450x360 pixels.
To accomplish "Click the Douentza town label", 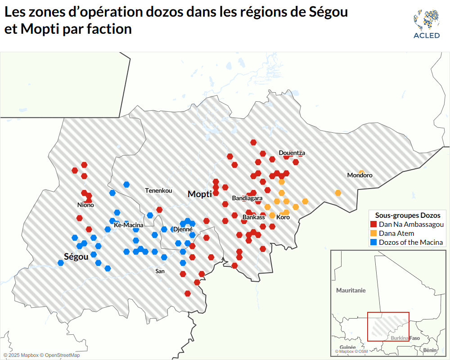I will pos(292,153).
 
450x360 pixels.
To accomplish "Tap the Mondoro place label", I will pos(360,175).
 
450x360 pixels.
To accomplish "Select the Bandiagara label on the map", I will pos(247,198).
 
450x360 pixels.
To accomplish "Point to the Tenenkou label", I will pos(158,191).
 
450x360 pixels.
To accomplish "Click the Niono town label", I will pos(85,205).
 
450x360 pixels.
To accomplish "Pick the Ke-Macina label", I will pos(129,225).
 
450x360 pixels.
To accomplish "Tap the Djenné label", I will pos(183,229).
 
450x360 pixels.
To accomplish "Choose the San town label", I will pos(160,271).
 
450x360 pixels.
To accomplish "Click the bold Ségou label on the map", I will pos(76,257).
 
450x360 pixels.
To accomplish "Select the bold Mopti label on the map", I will pos(200,194).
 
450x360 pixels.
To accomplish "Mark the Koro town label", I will pos(283,217).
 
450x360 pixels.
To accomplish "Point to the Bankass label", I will pos(253,217).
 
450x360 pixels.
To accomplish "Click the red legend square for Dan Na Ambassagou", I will pos(373,225).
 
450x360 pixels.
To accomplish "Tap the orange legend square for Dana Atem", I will pos(373,234).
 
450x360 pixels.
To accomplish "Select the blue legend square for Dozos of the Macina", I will pos(373,243).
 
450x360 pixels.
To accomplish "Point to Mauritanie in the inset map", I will pos(351,291).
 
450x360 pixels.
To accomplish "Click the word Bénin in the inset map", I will pos(430,350).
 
